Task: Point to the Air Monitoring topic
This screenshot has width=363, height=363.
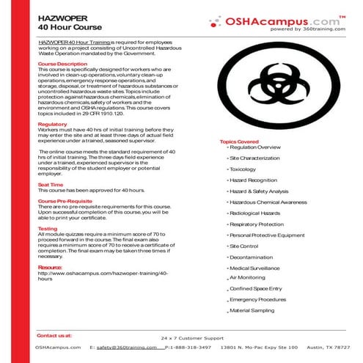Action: pyautogui.click(x=249, y=278)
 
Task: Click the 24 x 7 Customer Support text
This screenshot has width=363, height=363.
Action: pyautogui.click(x=191, y=338)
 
